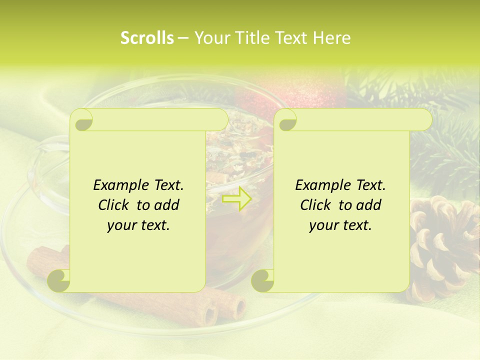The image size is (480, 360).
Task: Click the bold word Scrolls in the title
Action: tap(147, 38)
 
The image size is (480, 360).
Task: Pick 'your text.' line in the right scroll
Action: tap(340, 225)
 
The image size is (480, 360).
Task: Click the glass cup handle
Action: tap(47, 160)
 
